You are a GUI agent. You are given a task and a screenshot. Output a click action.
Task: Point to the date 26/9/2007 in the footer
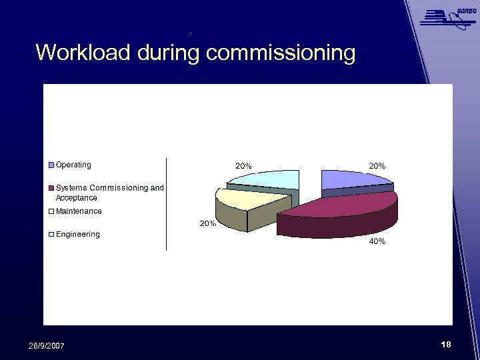pyautogui.click(x=47, y=345)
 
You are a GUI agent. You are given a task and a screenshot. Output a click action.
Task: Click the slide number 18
pyautogui.click(x=446, y=344)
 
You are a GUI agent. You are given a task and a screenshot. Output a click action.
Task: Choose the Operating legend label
pyautogui.click(x=73, y=165)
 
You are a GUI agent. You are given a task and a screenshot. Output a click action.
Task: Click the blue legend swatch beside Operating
pyautogui.click(x=51, y=165)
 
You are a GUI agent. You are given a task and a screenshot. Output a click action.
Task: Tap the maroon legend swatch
pyautogui.click(x=51, y=188)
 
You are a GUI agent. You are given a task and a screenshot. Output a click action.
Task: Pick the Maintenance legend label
pyautogui.click(x=79, y=211)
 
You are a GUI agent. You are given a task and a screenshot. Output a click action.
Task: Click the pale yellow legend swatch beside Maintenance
pyautogui.click(x=51, y=212)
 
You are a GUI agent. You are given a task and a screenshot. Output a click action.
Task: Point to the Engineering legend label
pyautogui.click(x=77, y=234)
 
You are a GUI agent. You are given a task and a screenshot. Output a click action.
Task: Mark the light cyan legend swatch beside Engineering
pyautogui.click(x=51, y=235)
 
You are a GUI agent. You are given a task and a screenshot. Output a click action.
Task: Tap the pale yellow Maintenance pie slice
pyautogui.click(x=250, y=199)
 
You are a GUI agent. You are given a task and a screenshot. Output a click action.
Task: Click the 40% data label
pyautogui.click(x=377, y=241)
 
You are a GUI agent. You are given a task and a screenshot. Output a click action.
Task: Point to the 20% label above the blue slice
pyautogui.click(x=377, y=165)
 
